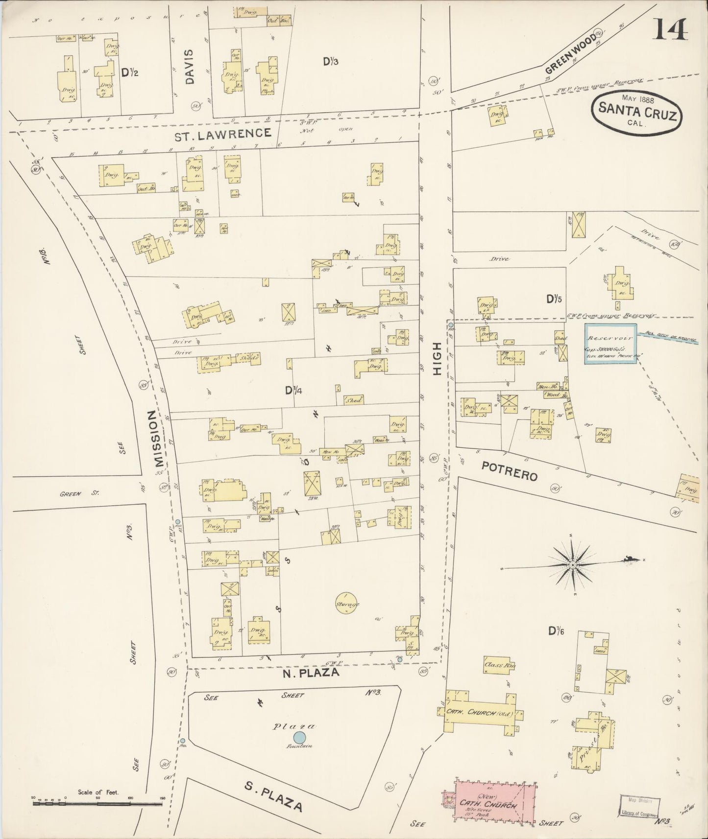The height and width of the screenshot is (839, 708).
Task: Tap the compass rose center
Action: point(572,565)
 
